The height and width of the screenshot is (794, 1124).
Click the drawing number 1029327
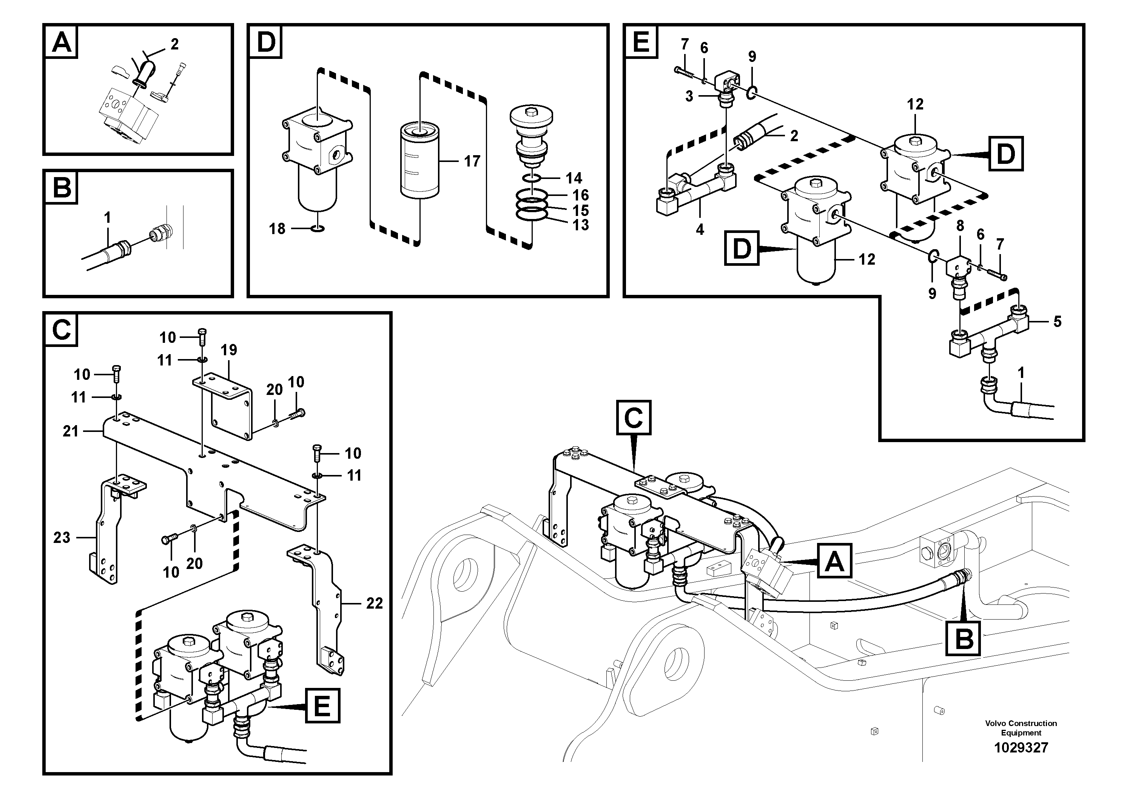(1021, 748)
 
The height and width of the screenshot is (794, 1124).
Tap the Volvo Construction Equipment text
(1021, 728)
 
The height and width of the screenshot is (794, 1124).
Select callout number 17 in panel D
(472, 161)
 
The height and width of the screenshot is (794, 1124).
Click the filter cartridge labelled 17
(419, 162)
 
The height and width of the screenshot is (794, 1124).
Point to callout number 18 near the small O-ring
(277, 228)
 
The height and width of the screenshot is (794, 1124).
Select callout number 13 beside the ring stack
(581, 225)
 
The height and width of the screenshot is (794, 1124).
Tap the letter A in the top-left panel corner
(62, 42)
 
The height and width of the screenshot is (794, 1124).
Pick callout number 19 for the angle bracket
(229, 350)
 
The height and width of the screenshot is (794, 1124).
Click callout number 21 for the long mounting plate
(71, 431)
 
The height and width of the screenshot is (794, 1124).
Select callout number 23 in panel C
(62, 538)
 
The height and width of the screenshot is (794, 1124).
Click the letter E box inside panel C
(322, 706)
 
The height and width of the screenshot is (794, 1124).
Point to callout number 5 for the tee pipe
(1058, 322)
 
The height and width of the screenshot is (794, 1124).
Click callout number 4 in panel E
(700, 229)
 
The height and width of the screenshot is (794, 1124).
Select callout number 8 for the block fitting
(960, 226)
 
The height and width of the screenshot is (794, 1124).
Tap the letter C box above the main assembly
(634, 418)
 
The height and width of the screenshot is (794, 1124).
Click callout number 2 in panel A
(175, 44)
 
